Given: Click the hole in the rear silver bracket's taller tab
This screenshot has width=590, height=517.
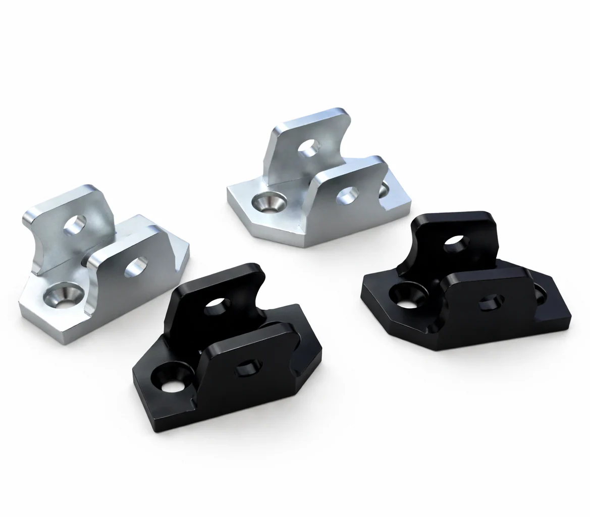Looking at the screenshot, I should pos(308,147).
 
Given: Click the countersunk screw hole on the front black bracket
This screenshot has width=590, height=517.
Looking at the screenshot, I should pos(172,379).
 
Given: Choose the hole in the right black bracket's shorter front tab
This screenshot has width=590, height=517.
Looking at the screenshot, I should pos(491,302).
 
